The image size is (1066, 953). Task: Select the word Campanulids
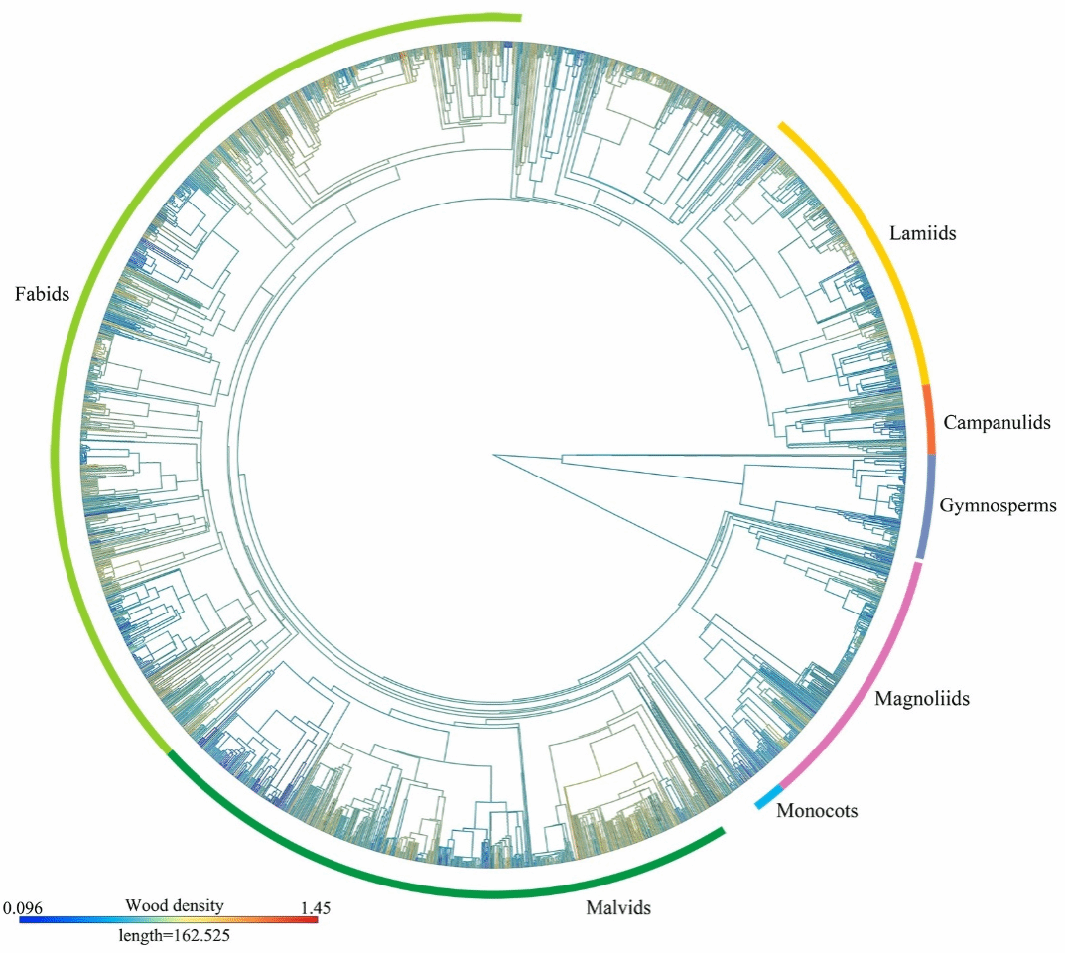pos(997,423)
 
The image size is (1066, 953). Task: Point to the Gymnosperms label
pos(998,506)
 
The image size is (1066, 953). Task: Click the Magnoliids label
pos(921,699)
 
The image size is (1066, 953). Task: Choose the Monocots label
pos(817,811)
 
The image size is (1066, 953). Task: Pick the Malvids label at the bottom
pos(617,907)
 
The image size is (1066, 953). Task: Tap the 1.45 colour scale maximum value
pos(315,907)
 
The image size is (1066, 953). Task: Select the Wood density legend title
pos(175,905)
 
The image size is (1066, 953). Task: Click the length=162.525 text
pos(175,935)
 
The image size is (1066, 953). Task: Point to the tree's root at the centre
pos(493,455)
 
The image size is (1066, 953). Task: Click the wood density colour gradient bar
pos(169,920)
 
